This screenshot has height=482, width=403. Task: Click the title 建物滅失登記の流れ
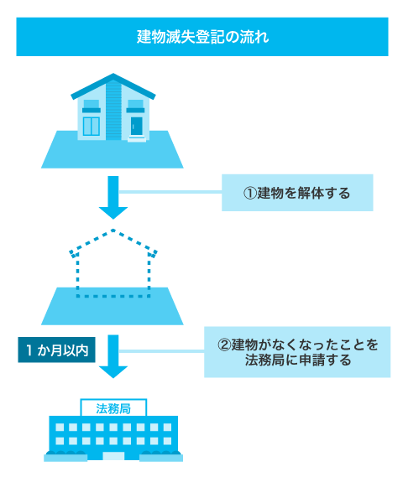pyautogui.click(x=201, y=38)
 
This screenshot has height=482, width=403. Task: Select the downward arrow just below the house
pyautogui.click(x=113, y=198)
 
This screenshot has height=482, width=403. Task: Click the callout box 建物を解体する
pyautogui.click(x=296, y=193)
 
